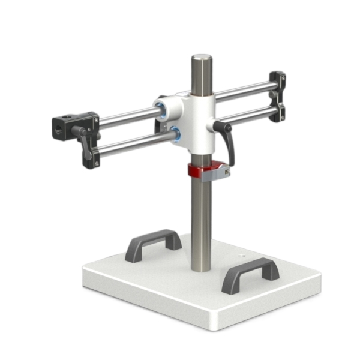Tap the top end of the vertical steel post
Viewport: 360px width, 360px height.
coord(202,59)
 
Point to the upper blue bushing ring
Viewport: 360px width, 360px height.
coord(161,108)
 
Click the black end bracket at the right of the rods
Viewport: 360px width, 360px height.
coord(277,97)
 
